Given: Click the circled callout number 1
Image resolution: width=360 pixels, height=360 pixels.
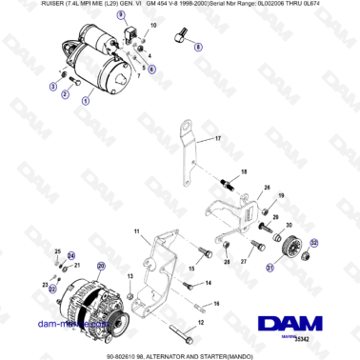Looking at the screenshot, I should pos(85,100).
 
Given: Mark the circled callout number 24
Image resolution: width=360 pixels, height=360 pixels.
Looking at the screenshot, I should pos(70,255).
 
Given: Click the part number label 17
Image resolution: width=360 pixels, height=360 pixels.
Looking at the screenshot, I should pos(217,139).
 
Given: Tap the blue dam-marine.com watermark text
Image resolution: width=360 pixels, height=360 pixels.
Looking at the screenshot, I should pos(59,323).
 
